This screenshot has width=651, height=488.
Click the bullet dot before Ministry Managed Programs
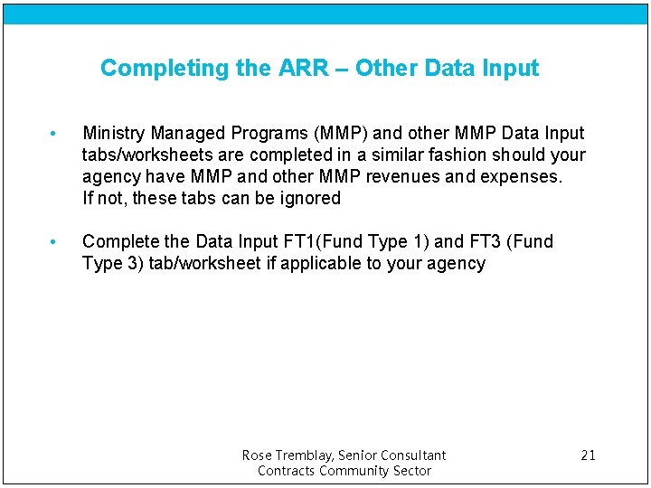54,134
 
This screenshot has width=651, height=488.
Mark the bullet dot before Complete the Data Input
54,242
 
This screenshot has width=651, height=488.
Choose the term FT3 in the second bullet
486,241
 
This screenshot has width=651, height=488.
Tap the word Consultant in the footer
412,455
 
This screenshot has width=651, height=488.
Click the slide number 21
588,455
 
